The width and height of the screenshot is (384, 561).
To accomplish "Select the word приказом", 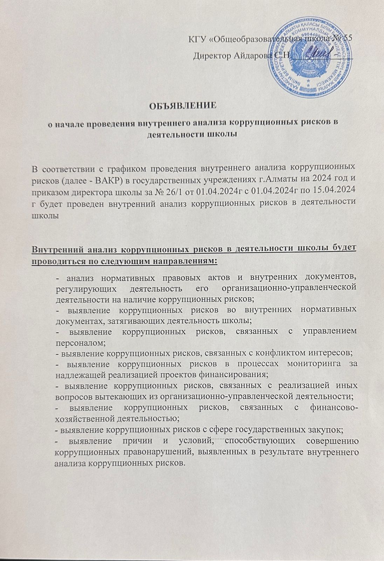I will click(x=52, y=191).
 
